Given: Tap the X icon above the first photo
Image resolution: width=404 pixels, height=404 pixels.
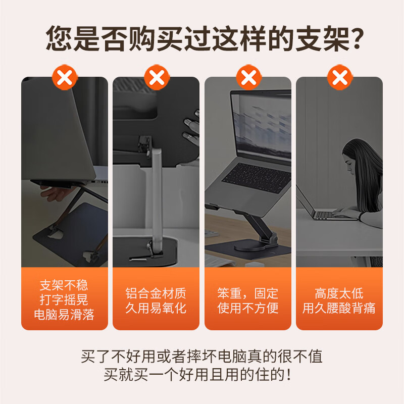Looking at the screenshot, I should [65, 77].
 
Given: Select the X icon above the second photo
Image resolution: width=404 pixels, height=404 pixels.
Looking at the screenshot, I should [157, 77].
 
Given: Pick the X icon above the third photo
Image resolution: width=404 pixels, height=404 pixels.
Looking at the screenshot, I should [248, 77].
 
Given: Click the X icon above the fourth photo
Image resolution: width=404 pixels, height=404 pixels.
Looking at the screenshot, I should [340, 77].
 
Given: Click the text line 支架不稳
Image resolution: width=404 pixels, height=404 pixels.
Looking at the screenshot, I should [64, 286].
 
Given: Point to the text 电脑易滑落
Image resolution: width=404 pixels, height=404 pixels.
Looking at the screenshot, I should [64, 315].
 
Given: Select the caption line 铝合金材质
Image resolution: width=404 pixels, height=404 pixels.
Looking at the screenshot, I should [156, 293].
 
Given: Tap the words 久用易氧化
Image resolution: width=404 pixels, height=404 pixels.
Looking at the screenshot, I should [156, 308].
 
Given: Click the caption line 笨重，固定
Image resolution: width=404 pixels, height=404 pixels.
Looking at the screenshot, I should [247, 293].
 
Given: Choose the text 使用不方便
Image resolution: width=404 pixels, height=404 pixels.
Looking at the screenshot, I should [247, 308].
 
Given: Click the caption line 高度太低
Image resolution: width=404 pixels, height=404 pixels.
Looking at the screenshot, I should [339, 293].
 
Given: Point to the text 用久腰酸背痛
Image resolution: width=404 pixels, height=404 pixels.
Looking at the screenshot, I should [339, 308].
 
